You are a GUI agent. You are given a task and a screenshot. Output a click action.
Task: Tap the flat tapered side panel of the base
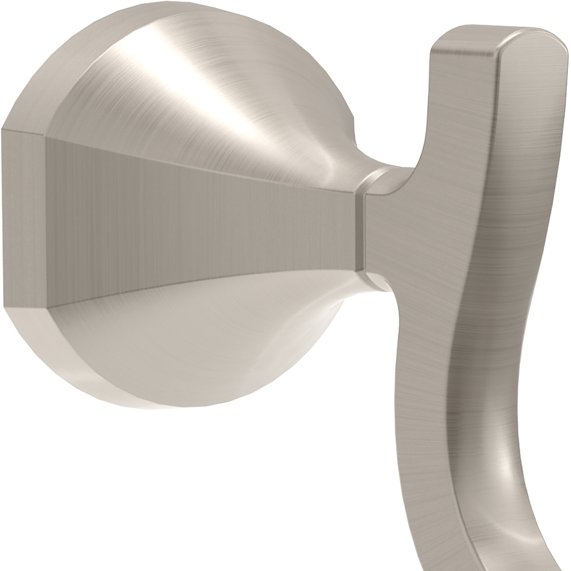[201, 210]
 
